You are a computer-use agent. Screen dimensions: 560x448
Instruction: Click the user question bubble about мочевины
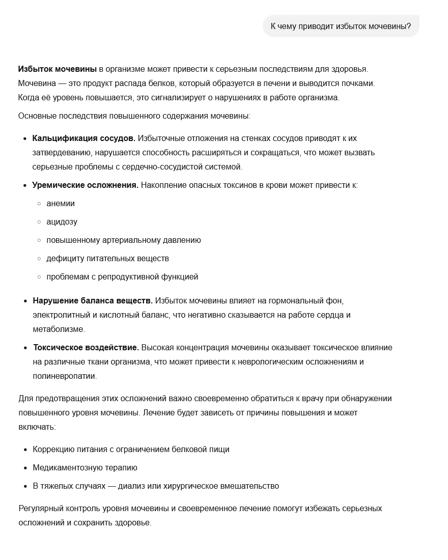(x=341, y=26)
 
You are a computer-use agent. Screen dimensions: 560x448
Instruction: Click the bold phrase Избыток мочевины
(x=57, y=69)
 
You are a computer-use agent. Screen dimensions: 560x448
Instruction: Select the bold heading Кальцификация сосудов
(x=83, y=138)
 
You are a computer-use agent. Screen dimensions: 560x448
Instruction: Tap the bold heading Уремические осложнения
(x=85, y=185)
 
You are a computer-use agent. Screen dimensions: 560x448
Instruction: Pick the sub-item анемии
(x=61, y=203)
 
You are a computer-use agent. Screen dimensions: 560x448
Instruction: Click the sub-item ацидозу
(x=62, y=221)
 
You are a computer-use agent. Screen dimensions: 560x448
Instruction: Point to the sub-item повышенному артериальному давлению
(x=123, y=240)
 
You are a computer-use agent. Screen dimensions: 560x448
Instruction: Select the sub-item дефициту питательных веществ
(x=107, y=258)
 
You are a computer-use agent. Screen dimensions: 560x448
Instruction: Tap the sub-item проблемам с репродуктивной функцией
(x=122, y=276)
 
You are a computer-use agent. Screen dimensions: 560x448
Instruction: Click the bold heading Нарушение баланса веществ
(x=93, y=300)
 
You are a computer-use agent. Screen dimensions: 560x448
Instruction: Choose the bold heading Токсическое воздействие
(x=86, y=347)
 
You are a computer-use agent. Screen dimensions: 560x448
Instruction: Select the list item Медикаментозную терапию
(x=85, y=467)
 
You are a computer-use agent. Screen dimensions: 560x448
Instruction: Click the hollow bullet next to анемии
(x=39, y=204)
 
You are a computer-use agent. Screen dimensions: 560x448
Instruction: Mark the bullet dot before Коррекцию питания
(x=25, y=450)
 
